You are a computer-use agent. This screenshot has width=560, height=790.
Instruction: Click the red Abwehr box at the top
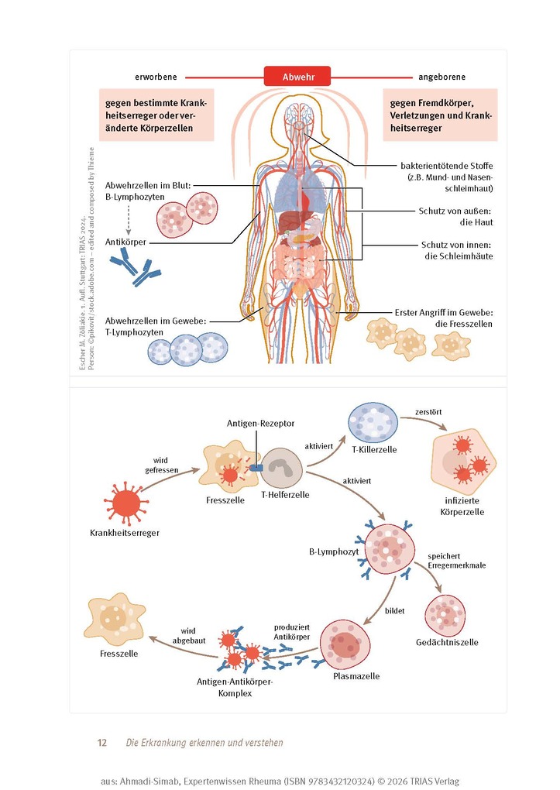tap(297, 77)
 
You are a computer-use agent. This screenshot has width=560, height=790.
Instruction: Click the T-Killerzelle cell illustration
tap(373, 424)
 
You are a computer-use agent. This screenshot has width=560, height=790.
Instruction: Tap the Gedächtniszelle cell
tap(445, 613)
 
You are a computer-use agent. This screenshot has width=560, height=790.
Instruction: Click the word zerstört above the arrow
tap(428, 410)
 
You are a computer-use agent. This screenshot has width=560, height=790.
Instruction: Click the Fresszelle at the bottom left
tap(118, 617)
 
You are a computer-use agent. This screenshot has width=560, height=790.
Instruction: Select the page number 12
tap(101, 743)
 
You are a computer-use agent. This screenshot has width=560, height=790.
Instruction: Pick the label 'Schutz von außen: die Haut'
tap(455, 216)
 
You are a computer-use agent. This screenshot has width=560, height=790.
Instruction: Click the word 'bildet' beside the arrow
tap(396, 610)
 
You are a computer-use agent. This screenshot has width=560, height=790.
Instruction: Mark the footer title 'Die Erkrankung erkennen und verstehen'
tap(204, 743)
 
